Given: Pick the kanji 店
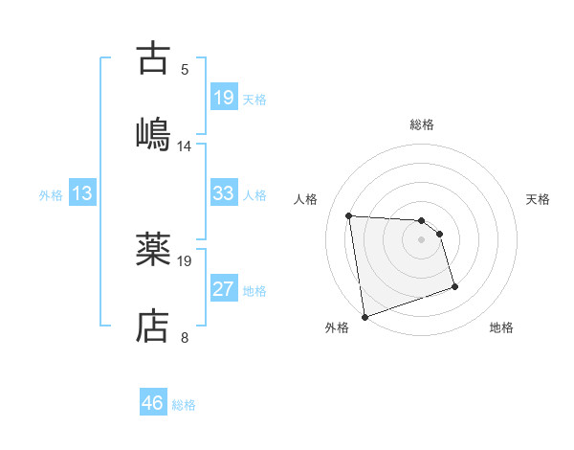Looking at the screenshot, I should (154, 326).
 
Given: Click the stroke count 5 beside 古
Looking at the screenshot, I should (185, 69).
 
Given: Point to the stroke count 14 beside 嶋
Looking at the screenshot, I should (185, 146).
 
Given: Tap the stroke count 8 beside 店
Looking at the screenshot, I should (185, 337).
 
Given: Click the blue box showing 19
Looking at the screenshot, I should (223, 97).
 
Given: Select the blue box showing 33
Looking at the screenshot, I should (223, 193).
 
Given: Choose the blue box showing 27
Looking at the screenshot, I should (223, 289).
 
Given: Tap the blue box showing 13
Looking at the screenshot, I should (82, 193).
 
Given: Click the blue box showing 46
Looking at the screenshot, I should (152, 403).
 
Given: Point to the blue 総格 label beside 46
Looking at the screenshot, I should (184, 405).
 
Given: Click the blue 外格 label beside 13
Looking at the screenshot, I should (51, 194).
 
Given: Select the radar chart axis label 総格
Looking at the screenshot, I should (422, 124).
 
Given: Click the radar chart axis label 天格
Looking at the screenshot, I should (539, 199).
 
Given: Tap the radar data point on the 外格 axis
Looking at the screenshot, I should (364, 316).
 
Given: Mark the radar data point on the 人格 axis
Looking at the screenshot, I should (349, 215).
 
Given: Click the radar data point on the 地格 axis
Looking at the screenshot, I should (454, 286).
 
